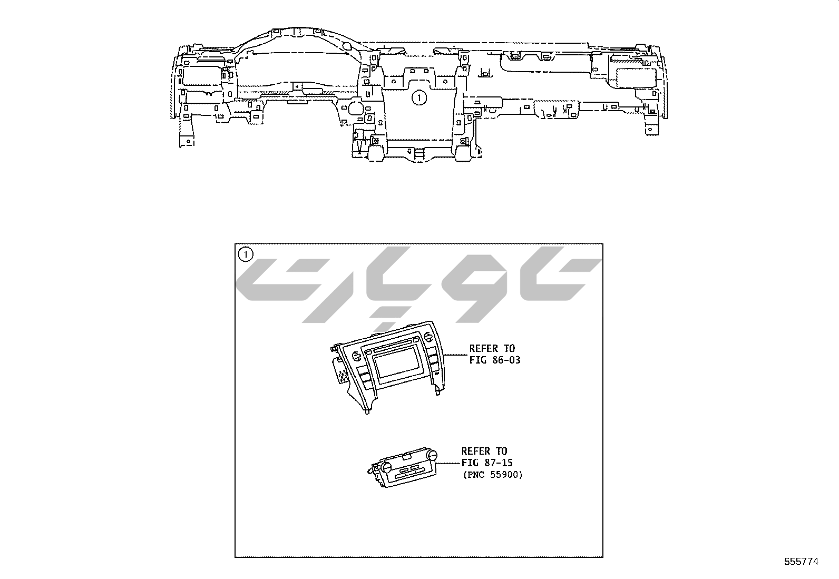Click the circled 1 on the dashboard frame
coord(419,98)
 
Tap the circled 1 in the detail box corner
coord(246,254)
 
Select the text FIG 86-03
coord(495,360)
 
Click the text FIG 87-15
coord(487,463)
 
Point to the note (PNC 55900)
coord(493,475)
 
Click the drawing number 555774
coord(801,562)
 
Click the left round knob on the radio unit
coord(357,356)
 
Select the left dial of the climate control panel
coord(386,467)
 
